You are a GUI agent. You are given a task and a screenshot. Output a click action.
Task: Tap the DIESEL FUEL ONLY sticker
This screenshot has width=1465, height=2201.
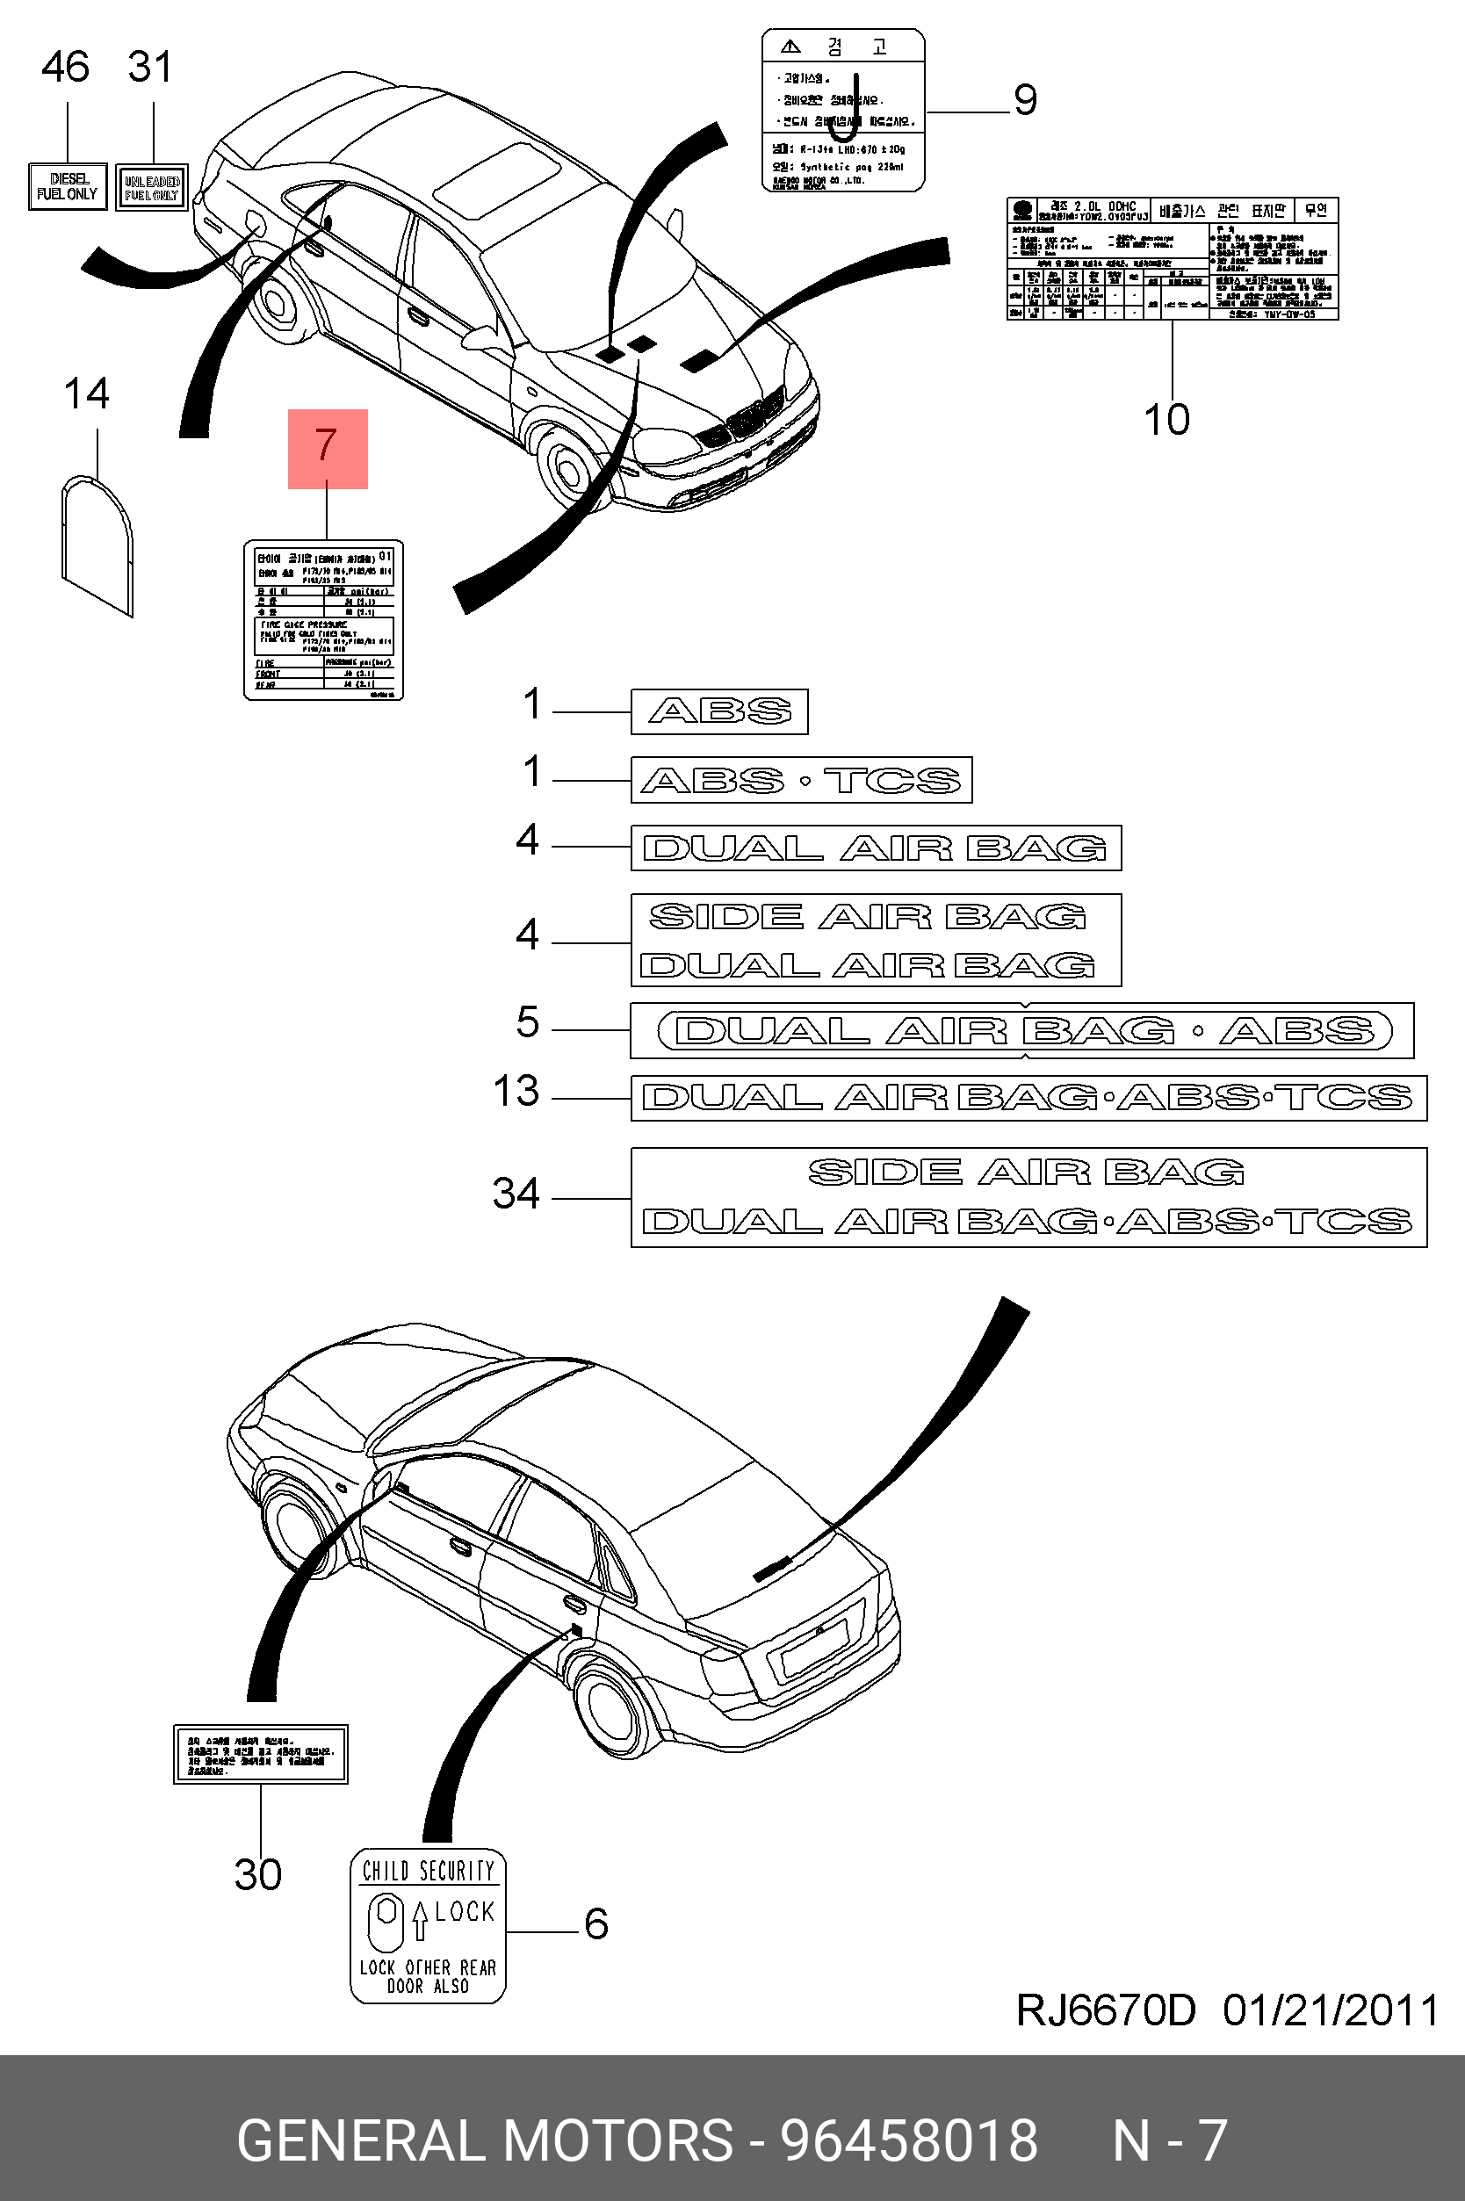(x=68, y=187)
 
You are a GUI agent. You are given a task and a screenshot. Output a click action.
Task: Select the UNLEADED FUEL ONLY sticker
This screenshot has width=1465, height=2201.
(x=151, y=188)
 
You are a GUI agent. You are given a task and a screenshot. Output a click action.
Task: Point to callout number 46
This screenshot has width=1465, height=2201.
(x=65, y=68)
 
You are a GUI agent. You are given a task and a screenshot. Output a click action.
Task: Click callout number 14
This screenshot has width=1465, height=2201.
(x=86, y=394)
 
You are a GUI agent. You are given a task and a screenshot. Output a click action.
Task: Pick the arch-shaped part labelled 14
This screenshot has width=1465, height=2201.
(x=97, y=545)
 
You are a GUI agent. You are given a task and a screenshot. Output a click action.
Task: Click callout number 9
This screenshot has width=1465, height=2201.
(x=1025, y=100)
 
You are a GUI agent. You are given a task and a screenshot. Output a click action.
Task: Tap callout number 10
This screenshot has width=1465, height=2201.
(x=1167, y=420)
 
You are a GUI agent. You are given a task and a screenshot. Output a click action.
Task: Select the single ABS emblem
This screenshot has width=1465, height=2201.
(x=719, y=712)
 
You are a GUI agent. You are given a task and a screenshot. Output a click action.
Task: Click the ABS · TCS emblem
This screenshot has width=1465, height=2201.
(x=801, y=780)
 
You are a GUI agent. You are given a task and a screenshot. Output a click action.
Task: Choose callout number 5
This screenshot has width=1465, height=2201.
(x=528, y=1022)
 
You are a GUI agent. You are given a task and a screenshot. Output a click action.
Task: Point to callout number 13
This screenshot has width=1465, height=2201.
(x=516, y=1091)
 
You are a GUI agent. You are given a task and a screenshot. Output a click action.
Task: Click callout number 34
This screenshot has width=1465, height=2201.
(x=516, y=1193)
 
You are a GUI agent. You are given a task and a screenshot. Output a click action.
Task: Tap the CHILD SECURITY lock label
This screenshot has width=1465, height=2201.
(x=428, y=1926)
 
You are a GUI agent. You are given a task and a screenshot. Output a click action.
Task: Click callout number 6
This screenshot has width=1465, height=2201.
(x=596, y=1923)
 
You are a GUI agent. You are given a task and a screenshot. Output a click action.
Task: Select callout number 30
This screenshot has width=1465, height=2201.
(x=258, y=1874)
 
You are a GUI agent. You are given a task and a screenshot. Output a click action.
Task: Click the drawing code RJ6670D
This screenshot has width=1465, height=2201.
(x=1105, y=2010)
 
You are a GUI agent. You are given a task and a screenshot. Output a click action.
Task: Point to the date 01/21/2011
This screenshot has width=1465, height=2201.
(x=1331, y=2010)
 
